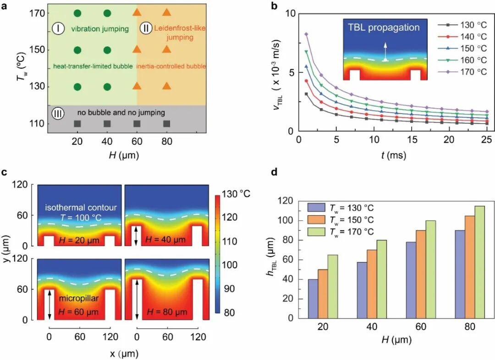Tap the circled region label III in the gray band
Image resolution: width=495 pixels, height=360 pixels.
pyautogui.click(x=58, y=112)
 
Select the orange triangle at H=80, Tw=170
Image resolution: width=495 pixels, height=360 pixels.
pyautogui.click(x=167, y=13)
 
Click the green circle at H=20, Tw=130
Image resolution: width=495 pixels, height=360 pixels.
pyautogui.click(x=77, y=86)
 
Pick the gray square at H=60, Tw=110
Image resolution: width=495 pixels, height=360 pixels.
pyautogui.click(x=137, y=124)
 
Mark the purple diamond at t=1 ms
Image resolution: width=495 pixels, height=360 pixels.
pyautogui.click(x=306, y=34)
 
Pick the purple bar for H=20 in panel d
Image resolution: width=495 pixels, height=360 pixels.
pyautogui.click(x=313, y=299)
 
